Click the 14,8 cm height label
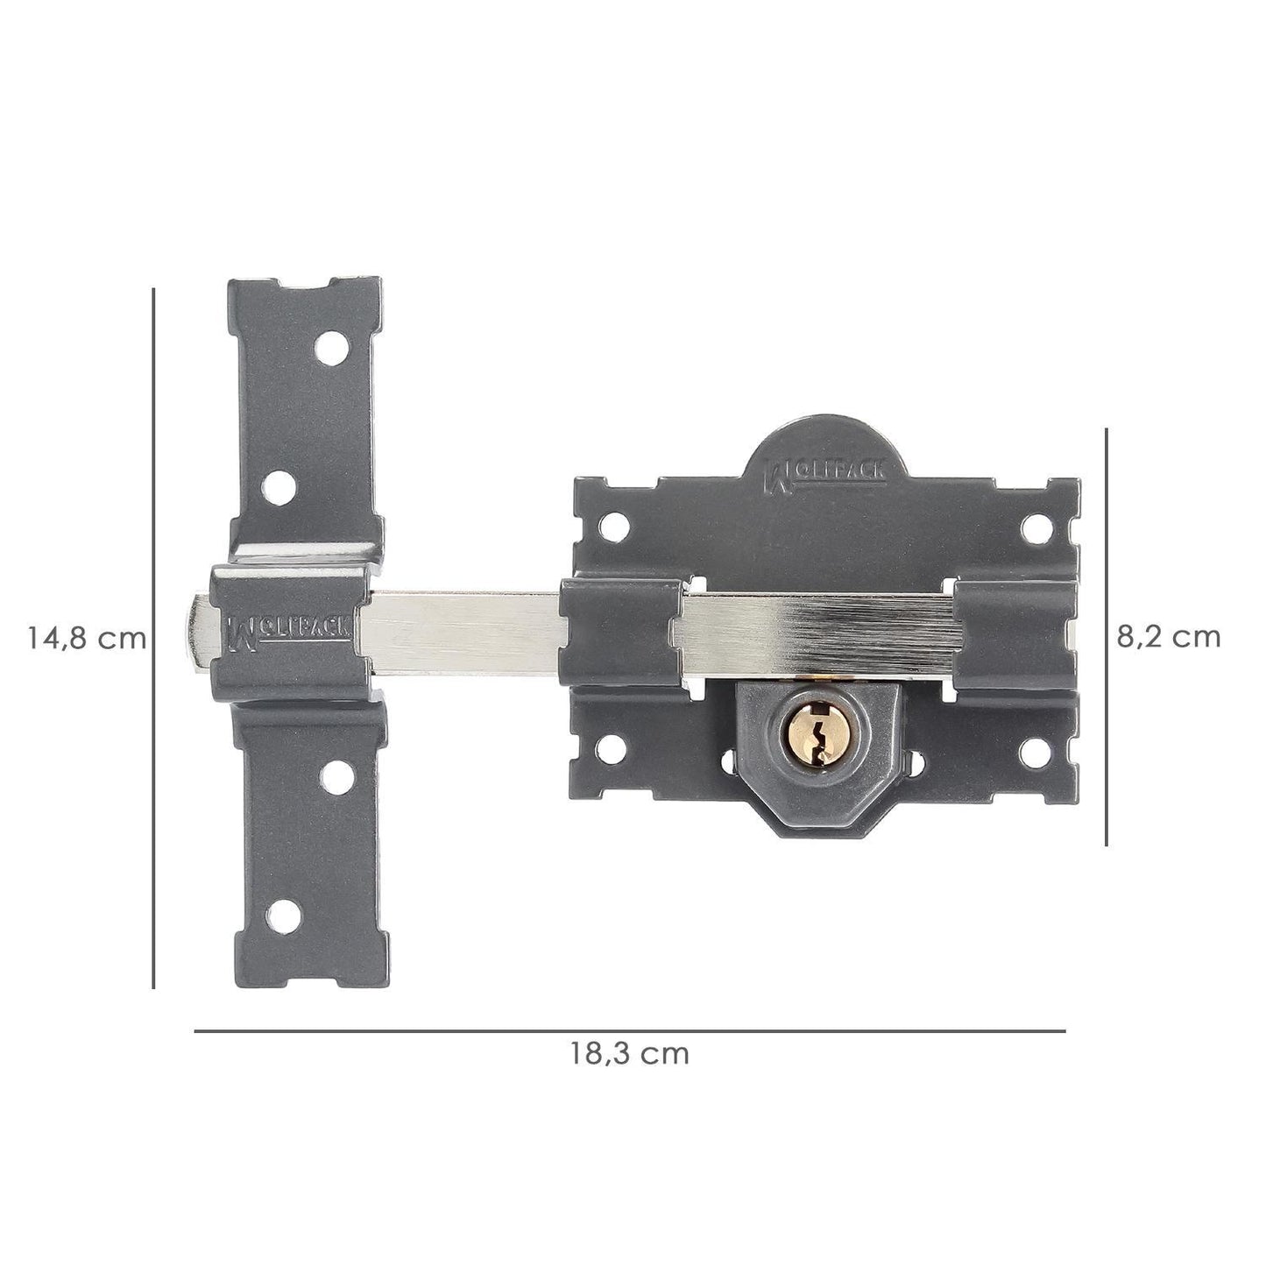click(x=86, y=638)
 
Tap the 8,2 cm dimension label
click(x=1168, y=636)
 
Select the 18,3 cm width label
click(x=630, y=1053)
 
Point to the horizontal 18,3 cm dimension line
click(x=629, y=1031)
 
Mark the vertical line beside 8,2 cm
click(x=1107, y=636)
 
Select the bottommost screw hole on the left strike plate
click(x=285, y=915)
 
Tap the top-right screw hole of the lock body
click(x=1037, y=526)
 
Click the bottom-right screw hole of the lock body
click(x=1037, y=749)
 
